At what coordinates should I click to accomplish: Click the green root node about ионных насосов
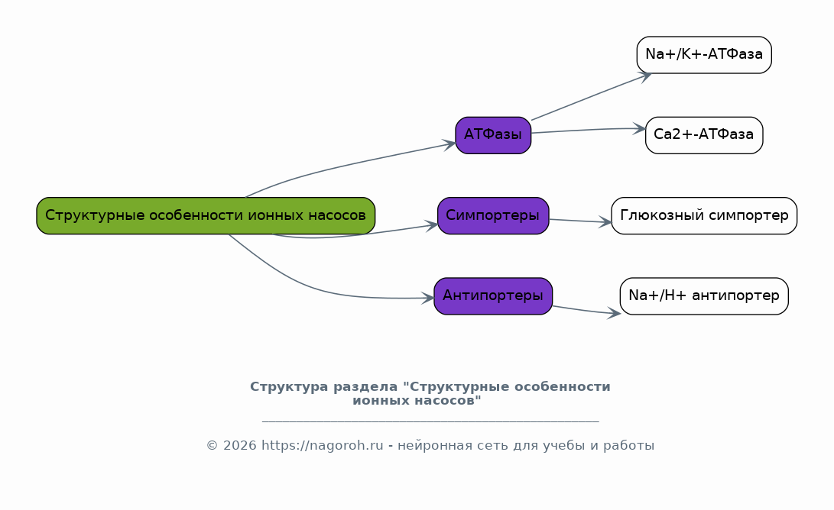[206, 216]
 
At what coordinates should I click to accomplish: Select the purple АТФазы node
[493, 135]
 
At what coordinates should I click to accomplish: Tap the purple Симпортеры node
[493, 216]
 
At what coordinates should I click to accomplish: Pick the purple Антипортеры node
[493, 296]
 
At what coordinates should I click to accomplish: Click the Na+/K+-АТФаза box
[704, 55]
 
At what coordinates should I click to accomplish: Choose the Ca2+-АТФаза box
[704, 135]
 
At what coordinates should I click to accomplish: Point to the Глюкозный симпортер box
[704, 216]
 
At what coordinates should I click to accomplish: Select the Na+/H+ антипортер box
[704, 296]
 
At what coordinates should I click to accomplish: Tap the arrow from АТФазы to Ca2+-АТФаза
[589, 130]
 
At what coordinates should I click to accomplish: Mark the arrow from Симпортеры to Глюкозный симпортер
[580, 221]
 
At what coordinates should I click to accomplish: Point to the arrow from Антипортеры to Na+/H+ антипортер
[586, 311]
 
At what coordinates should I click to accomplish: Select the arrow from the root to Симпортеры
[356, 234]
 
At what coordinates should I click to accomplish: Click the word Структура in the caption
[290, 387]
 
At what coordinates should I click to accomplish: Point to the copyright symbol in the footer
[213, 445]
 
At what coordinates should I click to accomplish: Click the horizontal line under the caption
[430, 421]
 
